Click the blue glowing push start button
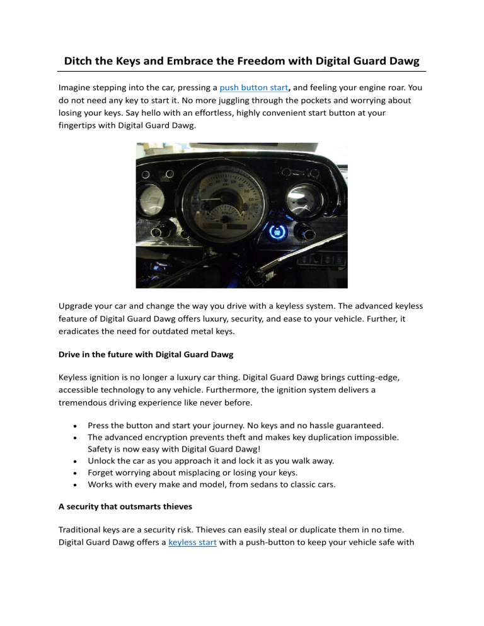click(x=275, y=232)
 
